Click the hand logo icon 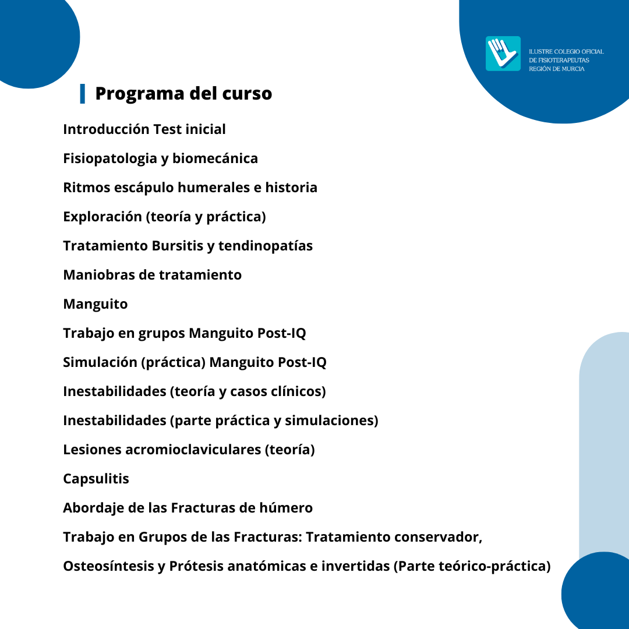pos(503,53)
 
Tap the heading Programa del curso pos(183,93)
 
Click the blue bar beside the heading pos(83,93)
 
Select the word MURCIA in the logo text pos(573,69)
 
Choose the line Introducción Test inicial pos(144,129)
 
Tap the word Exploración pos(102,217)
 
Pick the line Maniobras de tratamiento pos(152,275)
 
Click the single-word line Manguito pos(95,304)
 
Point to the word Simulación pos(100,362)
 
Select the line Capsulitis pos(96,479)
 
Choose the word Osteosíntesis pos(108,566)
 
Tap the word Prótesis pos(196,566)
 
